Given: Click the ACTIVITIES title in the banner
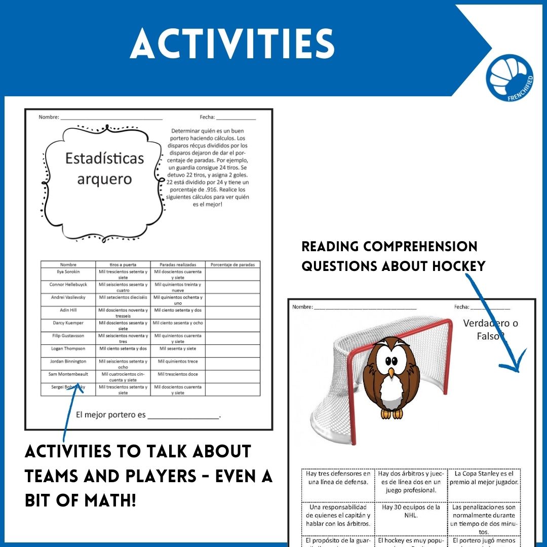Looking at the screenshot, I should coord(232,44).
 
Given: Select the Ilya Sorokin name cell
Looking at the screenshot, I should coord(68,271).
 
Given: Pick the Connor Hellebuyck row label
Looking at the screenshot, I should coord(68,285).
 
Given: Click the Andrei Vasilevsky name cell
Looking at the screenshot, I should coord(68,297).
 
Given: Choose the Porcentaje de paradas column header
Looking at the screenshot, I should coord(232,264).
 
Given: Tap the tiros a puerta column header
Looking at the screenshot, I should coord(123,264).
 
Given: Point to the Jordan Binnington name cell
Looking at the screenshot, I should coord(68,362).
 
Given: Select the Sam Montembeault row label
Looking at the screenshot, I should coord(68,374).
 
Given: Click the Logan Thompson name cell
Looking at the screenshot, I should coord(68,348).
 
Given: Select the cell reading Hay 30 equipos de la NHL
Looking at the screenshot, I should coord(411,511).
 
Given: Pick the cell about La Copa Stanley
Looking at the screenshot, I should coord(484,478).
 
